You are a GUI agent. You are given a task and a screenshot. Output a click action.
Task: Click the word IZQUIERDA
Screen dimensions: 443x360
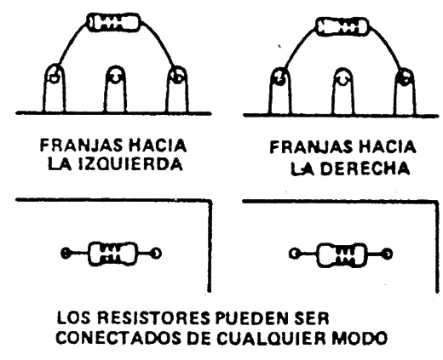[130, 163]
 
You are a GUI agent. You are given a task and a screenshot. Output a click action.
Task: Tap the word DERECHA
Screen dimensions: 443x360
[366, 169]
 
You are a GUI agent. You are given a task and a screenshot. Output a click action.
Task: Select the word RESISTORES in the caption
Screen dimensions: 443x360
[154, 318]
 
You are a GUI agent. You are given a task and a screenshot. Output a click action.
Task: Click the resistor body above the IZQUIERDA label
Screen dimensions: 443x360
[114, 22]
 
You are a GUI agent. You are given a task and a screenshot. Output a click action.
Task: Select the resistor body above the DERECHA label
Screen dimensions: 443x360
[342, 26]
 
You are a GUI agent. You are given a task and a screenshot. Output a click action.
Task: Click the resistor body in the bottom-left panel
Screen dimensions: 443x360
[113, 254]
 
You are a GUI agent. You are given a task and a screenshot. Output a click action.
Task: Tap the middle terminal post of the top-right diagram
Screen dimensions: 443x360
[343, 91]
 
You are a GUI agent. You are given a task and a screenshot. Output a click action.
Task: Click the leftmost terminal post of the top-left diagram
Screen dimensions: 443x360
[54, 89]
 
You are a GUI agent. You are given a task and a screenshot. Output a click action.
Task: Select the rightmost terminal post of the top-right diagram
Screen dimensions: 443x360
[406, 91]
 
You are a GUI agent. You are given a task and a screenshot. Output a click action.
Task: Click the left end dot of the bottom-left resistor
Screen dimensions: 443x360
[66, 253]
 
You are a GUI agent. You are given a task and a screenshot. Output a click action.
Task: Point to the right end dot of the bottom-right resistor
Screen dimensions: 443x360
[387, 254]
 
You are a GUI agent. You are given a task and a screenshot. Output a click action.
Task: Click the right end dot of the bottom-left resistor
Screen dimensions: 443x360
[156, 253]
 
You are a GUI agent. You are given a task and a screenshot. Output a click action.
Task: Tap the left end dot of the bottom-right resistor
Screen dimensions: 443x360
[294, 254]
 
